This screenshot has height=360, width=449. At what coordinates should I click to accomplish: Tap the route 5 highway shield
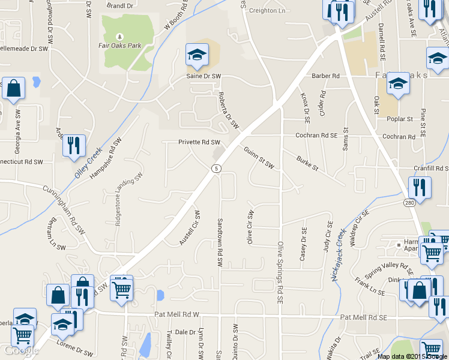216,169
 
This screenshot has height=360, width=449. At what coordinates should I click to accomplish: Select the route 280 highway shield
409,203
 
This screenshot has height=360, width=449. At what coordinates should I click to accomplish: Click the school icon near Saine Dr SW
196,55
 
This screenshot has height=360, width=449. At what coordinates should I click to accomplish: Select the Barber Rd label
326,76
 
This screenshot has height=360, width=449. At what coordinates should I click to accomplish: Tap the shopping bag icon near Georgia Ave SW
13,88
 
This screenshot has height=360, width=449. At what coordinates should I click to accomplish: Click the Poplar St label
401,119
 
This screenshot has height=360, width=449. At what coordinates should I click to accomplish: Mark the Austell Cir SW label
190,227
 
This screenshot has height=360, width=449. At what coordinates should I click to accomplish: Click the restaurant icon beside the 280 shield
420,187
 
